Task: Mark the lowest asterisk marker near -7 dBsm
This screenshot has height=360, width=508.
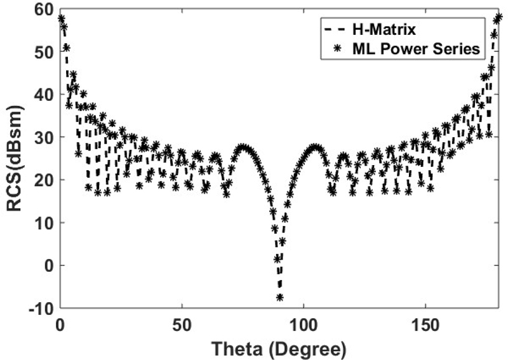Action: pyautogui.click(x=279, y=297)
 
